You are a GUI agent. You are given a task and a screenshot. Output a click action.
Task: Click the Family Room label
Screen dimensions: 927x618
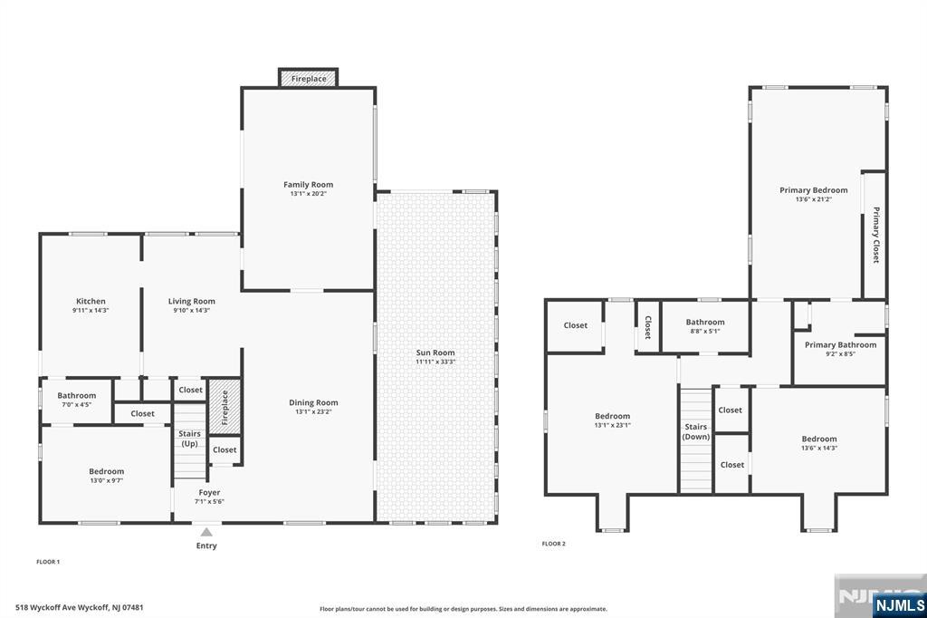pyautogui.click(x=308, y=185)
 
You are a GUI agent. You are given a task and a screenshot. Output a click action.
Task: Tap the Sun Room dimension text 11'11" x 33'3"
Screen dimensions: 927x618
pyautogui.click(x=435, y=362)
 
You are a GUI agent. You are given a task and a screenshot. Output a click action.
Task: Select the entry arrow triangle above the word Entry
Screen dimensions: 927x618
pyautogui.click(x=206, y=532)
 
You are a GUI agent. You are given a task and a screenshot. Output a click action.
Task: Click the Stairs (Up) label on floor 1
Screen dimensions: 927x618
pyautogui.click(x=190, y=439)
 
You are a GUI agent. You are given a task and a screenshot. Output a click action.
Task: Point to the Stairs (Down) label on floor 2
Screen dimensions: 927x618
pyautogui.click(x=696, y=431)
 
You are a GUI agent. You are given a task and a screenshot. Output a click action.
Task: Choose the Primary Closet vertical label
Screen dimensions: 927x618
pyautogui.click(x=876, y=235)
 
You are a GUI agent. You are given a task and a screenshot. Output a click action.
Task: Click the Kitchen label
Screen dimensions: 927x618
pyautogui.click(x=91, y=302)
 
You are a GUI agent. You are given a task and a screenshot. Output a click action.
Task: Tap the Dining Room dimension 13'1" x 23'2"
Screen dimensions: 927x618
pyautogui.click(x=313, y=411)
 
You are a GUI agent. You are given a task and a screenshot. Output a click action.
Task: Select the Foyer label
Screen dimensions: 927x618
pyautogui.click(x=209, y=493)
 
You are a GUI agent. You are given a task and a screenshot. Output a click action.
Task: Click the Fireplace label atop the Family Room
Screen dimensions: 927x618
pyautogui.click(x=309, y=79)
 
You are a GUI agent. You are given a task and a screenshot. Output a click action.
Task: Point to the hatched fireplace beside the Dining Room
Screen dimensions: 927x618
pyautogui.click(x=225, y=406)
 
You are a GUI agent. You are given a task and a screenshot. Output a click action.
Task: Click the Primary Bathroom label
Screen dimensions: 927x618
pyautogui.click(x=841, y=344)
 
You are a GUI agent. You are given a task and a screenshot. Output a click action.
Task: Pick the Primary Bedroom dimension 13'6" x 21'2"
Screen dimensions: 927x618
pyautogui.click(x=814, y=199)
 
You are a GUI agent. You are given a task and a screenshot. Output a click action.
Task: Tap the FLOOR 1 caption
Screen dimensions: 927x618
pyautogui.click(x=49, y=562)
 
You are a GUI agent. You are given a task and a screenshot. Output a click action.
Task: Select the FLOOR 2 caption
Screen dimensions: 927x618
pyautogui.click(x=554, y=544)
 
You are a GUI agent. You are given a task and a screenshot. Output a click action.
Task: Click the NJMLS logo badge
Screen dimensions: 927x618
pyautogui.click(x=899, y=604)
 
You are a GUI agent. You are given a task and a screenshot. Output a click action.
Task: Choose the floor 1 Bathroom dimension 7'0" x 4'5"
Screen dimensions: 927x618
pyautogui.click(x=76, y=405)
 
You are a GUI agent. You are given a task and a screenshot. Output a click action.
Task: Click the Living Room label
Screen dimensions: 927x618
pyautogui.click(x=192, y=302)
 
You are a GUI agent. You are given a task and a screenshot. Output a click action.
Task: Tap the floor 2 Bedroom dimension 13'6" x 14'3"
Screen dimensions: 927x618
pyautogui.click(x=818, y=449)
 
